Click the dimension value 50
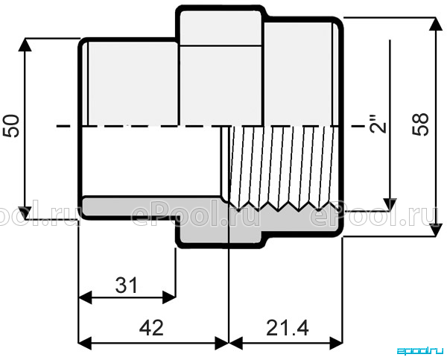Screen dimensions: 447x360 tap(11, 126)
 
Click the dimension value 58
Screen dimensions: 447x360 tap(420, 124)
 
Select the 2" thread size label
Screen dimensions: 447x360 tap(378, 124)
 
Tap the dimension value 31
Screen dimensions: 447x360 tap(127, 285)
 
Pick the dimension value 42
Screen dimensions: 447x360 tap(151, 327)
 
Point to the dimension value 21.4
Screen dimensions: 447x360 tap(288, 328)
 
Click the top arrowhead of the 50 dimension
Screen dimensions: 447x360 tap(25, 45)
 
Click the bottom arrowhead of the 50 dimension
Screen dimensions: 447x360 tap(25, 213)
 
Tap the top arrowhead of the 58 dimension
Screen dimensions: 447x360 tap(435, 24)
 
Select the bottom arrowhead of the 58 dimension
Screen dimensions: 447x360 tap(435, 230)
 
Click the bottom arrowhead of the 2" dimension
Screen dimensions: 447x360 tap(390, 204)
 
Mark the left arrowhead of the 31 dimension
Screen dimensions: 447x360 tap(85, 297)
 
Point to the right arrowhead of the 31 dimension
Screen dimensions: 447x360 tap(169, 297)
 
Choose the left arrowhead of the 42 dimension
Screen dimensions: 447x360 tap(85, 343)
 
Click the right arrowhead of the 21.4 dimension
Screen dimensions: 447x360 tap(336, 343)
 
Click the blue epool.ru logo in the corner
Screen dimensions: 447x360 tap(420, 351)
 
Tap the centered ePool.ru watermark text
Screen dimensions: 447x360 tap(195, 213)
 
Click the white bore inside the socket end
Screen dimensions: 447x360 tap(151, 161)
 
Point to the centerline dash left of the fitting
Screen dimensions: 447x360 tap(63, 126)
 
